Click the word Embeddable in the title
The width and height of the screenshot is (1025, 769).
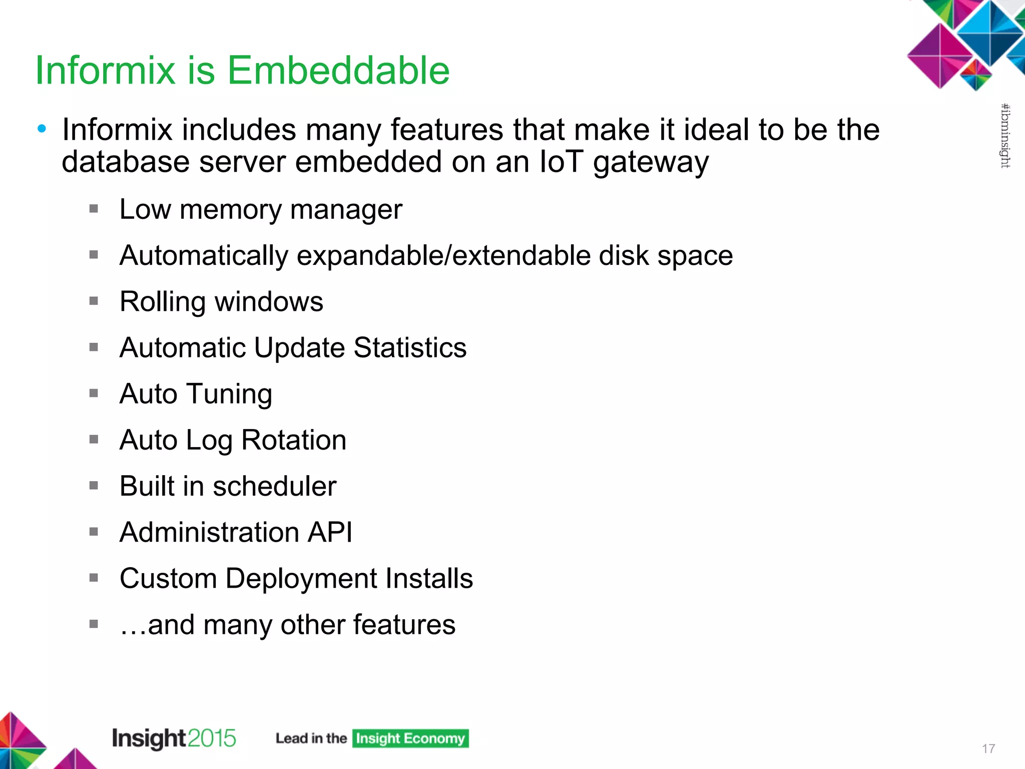[x=338, y=70]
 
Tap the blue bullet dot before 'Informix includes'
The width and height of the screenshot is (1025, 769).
[x=42, y=129]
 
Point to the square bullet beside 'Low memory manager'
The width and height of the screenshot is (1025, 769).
[x=94, y=209]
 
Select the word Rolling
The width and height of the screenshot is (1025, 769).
[x=163, y=302]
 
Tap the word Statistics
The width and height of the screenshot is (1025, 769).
[x=410, y=347]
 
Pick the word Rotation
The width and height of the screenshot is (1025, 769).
[x=294, y=440]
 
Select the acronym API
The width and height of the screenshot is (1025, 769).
[x=330, y=532]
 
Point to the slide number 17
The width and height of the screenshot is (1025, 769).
[x=988, y=748]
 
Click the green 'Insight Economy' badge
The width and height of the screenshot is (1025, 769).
[x=410, y=738]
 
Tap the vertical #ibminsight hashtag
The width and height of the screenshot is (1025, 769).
[x=1005, y=136]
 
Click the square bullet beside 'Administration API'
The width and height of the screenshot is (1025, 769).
[x=94, y=532]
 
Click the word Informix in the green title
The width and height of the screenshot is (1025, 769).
[x=105, y=70]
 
